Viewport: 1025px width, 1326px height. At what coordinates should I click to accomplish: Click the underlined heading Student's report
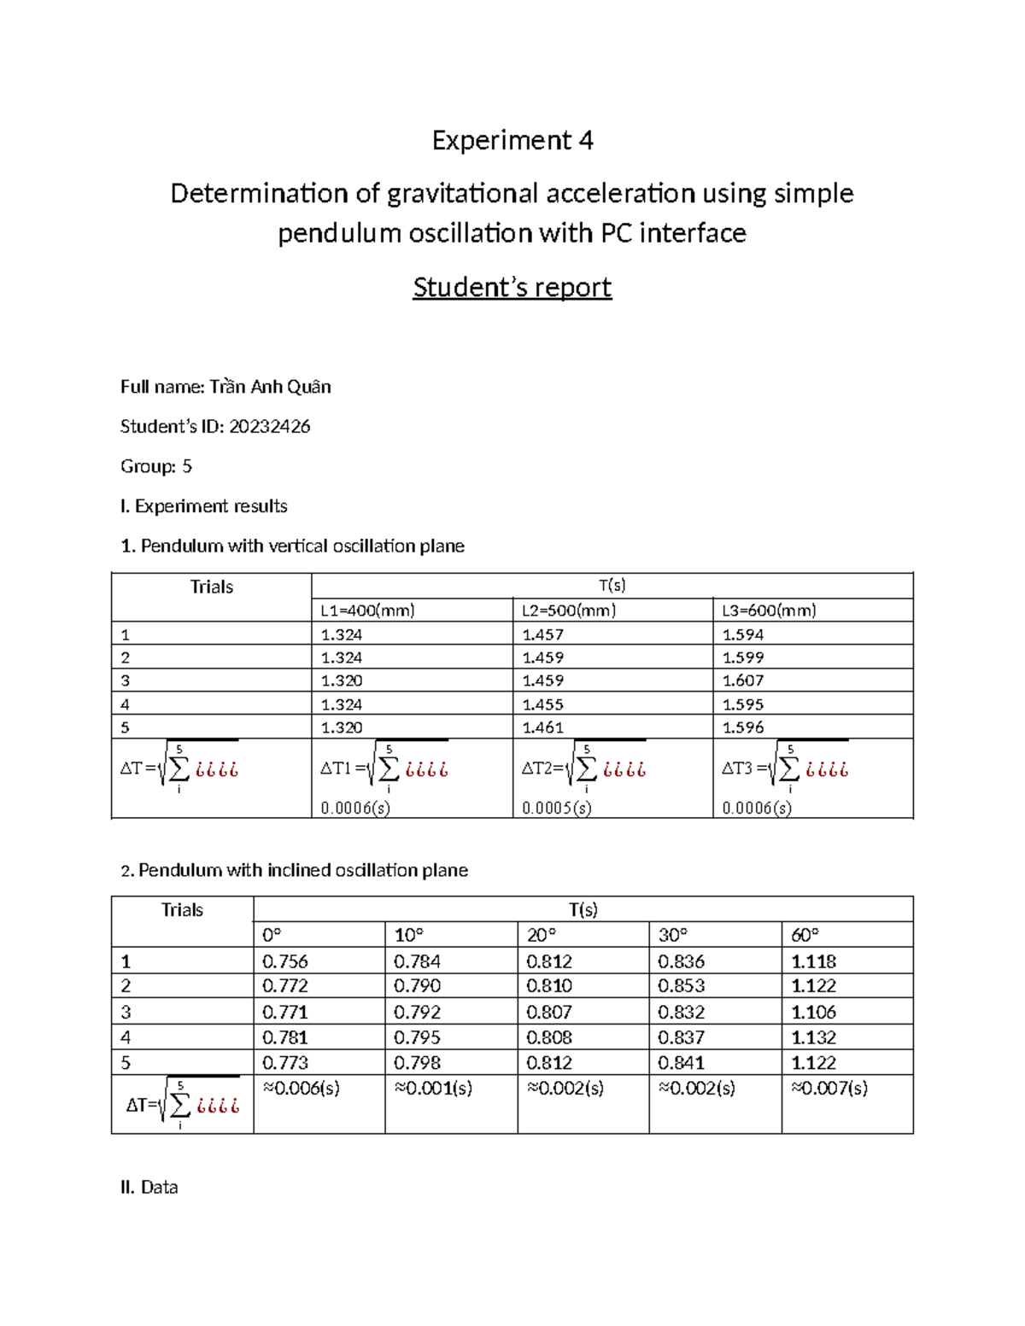pos(512,288)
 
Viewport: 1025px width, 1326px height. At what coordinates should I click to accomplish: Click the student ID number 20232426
pos(269,426)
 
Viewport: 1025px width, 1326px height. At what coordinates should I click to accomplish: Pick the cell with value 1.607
pos(742,681)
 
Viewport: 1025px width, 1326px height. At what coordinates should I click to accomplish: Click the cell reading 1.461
pos(542,727)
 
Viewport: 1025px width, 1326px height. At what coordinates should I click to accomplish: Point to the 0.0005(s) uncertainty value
pos(556,808)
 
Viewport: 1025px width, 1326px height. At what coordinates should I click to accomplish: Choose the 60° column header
pos(805,935)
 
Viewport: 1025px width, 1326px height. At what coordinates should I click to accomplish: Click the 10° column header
pos(408,935)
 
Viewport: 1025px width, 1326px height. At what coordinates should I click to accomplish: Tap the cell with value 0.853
pos(681,985)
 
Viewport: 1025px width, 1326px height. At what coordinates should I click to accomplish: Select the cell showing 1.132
pos(813,1037)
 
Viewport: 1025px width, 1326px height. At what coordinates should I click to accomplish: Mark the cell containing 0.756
pos(284,961)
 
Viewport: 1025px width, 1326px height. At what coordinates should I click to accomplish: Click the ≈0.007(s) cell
pos(829,1088)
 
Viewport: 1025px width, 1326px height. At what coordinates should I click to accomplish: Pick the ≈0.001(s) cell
pos(433,1088)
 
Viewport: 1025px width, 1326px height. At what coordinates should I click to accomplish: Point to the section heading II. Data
pos(149,1187)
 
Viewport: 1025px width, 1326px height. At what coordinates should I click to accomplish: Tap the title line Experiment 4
pos(512,140)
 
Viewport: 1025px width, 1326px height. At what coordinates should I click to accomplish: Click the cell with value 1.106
pos(813,1012)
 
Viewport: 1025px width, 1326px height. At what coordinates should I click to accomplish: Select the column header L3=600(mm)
pos(769,610)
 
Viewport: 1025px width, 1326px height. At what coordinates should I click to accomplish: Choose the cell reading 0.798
pos(417,1063)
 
